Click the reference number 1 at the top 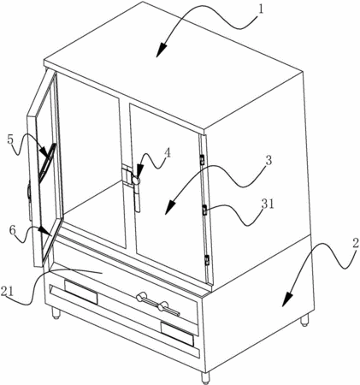(261, 9)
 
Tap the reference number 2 (355, 244)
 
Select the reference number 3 (269, 161)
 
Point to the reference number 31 (269, 204)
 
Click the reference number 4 (168, 153)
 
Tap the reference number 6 (13, 230)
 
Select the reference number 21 (7, 292)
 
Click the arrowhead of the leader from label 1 (162, 49)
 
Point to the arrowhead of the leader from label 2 (287, 299)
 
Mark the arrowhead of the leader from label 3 (170, 208)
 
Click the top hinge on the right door (203, 159)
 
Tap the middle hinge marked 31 (204, 210)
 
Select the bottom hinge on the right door (207, 260)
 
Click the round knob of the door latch (135, 181)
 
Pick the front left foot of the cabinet (56, 313)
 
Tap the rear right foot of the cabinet (304, 321)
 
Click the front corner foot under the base (204, 378)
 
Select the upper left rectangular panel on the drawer (81, 292)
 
